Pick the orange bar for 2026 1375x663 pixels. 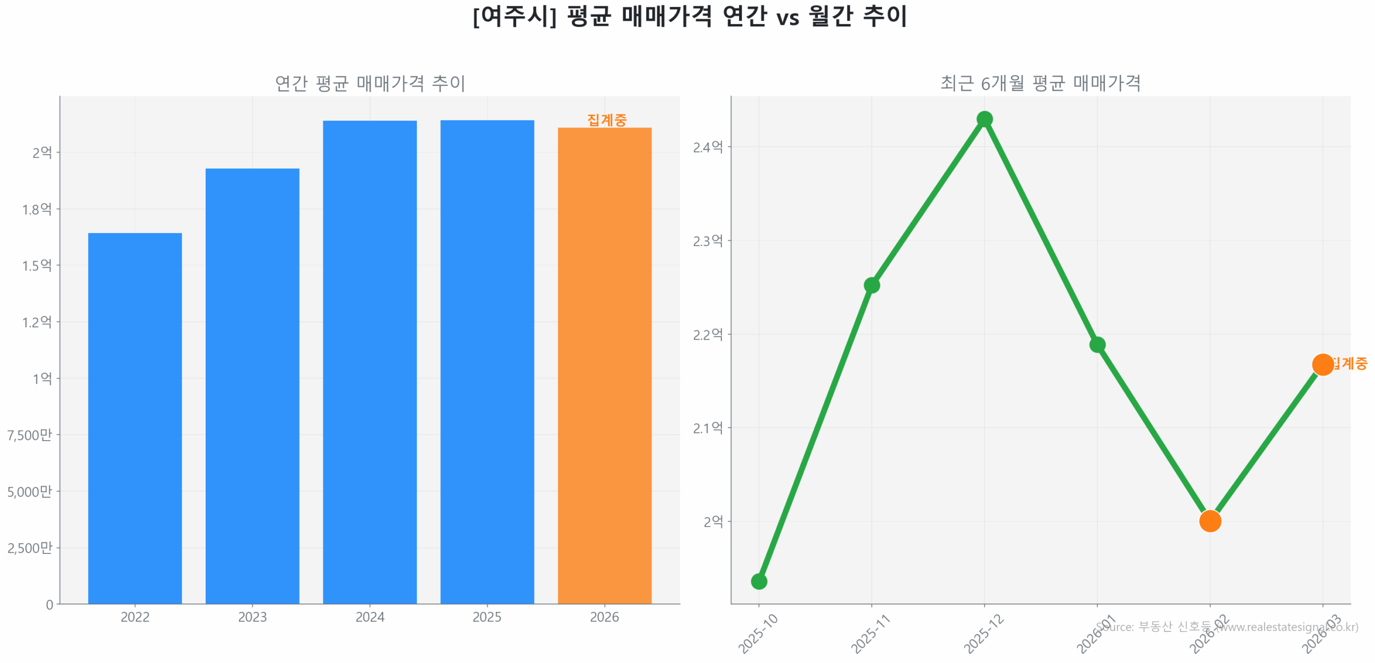[604, 365]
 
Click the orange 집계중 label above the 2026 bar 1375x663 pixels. [606, 119]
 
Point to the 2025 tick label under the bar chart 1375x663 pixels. [487, 616]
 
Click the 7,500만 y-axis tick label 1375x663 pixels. [30, 435]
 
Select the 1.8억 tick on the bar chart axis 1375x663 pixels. [37, 209]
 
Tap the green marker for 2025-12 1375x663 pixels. [984, 119]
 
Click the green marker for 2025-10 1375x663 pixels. [758, 581]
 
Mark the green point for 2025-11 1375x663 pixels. [871, 285]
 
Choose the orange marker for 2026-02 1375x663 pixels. [1210, 521]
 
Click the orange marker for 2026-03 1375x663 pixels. [1322, 364]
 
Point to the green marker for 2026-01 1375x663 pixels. [1097, 344]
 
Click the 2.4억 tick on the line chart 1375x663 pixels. [707, 147]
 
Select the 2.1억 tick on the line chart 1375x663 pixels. [707, 428]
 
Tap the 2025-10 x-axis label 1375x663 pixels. [758, 634]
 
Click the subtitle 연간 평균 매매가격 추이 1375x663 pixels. [370, 83]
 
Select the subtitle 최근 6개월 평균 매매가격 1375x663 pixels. [1040, 83]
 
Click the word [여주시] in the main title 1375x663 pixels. [514, 16]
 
